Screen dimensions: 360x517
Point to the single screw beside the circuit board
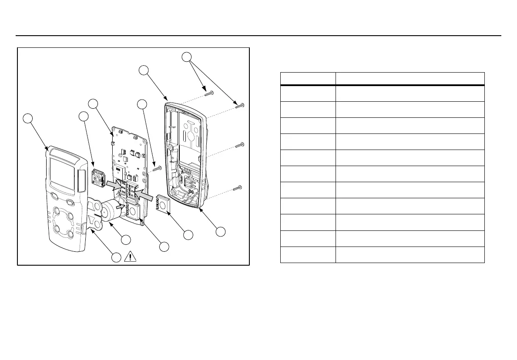click(157, 167)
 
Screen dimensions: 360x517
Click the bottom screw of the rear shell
click(238, 188)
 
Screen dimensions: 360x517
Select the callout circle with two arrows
click(187, 57)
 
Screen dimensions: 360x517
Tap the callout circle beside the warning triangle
click(115, 257)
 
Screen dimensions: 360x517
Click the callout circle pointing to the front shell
click(28, 118)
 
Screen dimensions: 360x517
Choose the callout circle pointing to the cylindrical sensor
click(126, 239)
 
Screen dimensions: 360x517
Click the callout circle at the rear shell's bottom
click(221, 232)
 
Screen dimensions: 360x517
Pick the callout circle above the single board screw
click(141, 104)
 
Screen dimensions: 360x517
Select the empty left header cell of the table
click(308, 79)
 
